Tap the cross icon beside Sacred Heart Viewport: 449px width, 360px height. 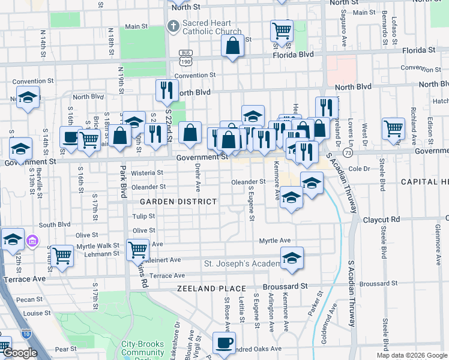pos(173,26)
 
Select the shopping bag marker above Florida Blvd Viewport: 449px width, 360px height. pos(232,46)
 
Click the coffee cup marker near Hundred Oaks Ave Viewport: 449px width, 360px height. pos(224,343)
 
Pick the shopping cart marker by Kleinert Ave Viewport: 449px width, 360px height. pos(137,248)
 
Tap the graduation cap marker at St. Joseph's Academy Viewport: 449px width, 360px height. pos(292,258)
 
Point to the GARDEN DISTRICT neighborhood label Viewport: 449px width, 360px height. pos(178,202)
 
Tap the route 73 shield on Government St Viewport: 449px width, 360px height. pos(357,153)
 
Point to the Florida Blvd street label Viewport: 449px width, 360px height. pos(410,50)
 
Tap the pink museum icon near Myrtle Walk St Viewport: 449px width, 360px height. pos(32,242)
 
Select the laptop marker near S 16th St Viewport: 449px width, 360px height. pos(71,136)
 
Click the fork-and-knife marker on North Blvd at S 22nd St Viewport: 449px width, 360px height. pos(167,90)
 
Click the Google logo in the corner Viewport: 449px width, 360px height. pos(19,353)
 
